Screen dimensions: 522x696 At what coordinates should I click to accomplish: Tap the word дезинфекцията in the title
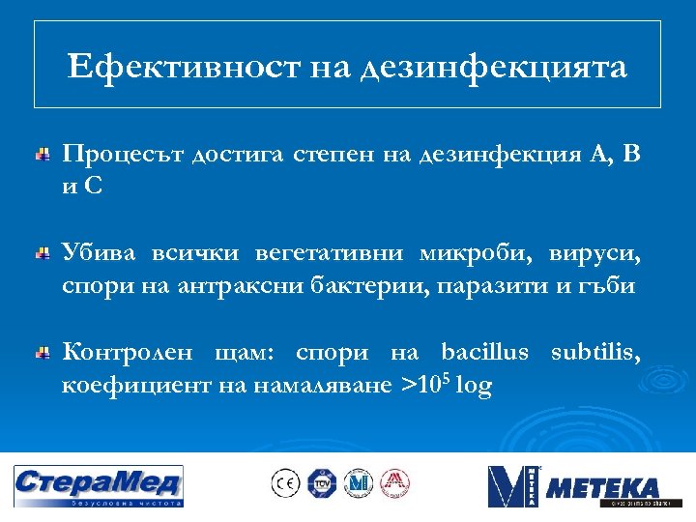pos(493,68)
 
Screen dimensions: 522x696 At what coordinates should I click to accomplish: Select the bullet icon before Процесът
pos(43,156)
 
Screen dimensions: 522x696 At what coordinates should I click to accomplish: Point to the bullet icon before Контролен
pos(43,355)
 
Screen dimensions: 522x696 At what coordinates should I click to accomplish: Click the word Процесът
pos(122,155)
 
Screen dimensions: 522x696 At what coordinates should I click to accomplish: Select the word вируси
pos(594,254)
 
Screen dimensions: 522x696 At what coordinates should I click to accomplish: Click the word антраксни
pos(222,287)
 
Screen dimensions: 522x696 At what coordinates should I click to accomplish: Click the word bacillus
pos(484,353)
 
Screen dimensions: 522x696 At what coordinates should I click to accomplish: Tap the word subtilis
pos(594,353)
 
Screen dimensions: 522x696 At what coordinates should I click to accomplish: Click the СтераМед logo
pos(98,486)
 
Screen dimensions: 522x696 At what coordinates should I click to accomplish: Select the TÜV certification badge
pos(321,483)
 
